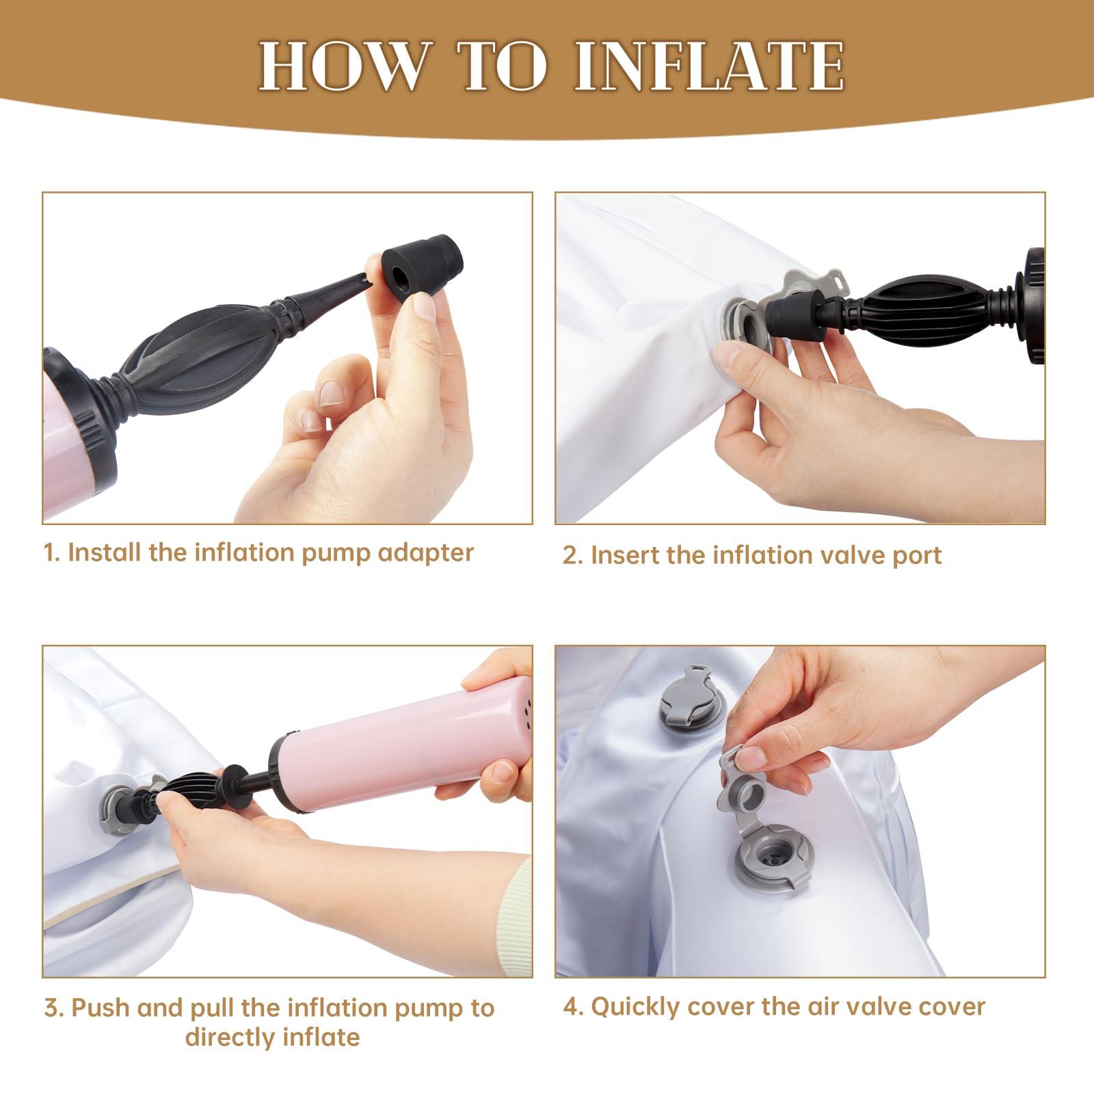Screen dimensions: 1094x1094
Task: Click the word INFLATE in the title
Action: pos(709,66)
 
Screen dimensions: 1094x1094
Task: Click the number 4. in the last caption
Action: pos(573,1007)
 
